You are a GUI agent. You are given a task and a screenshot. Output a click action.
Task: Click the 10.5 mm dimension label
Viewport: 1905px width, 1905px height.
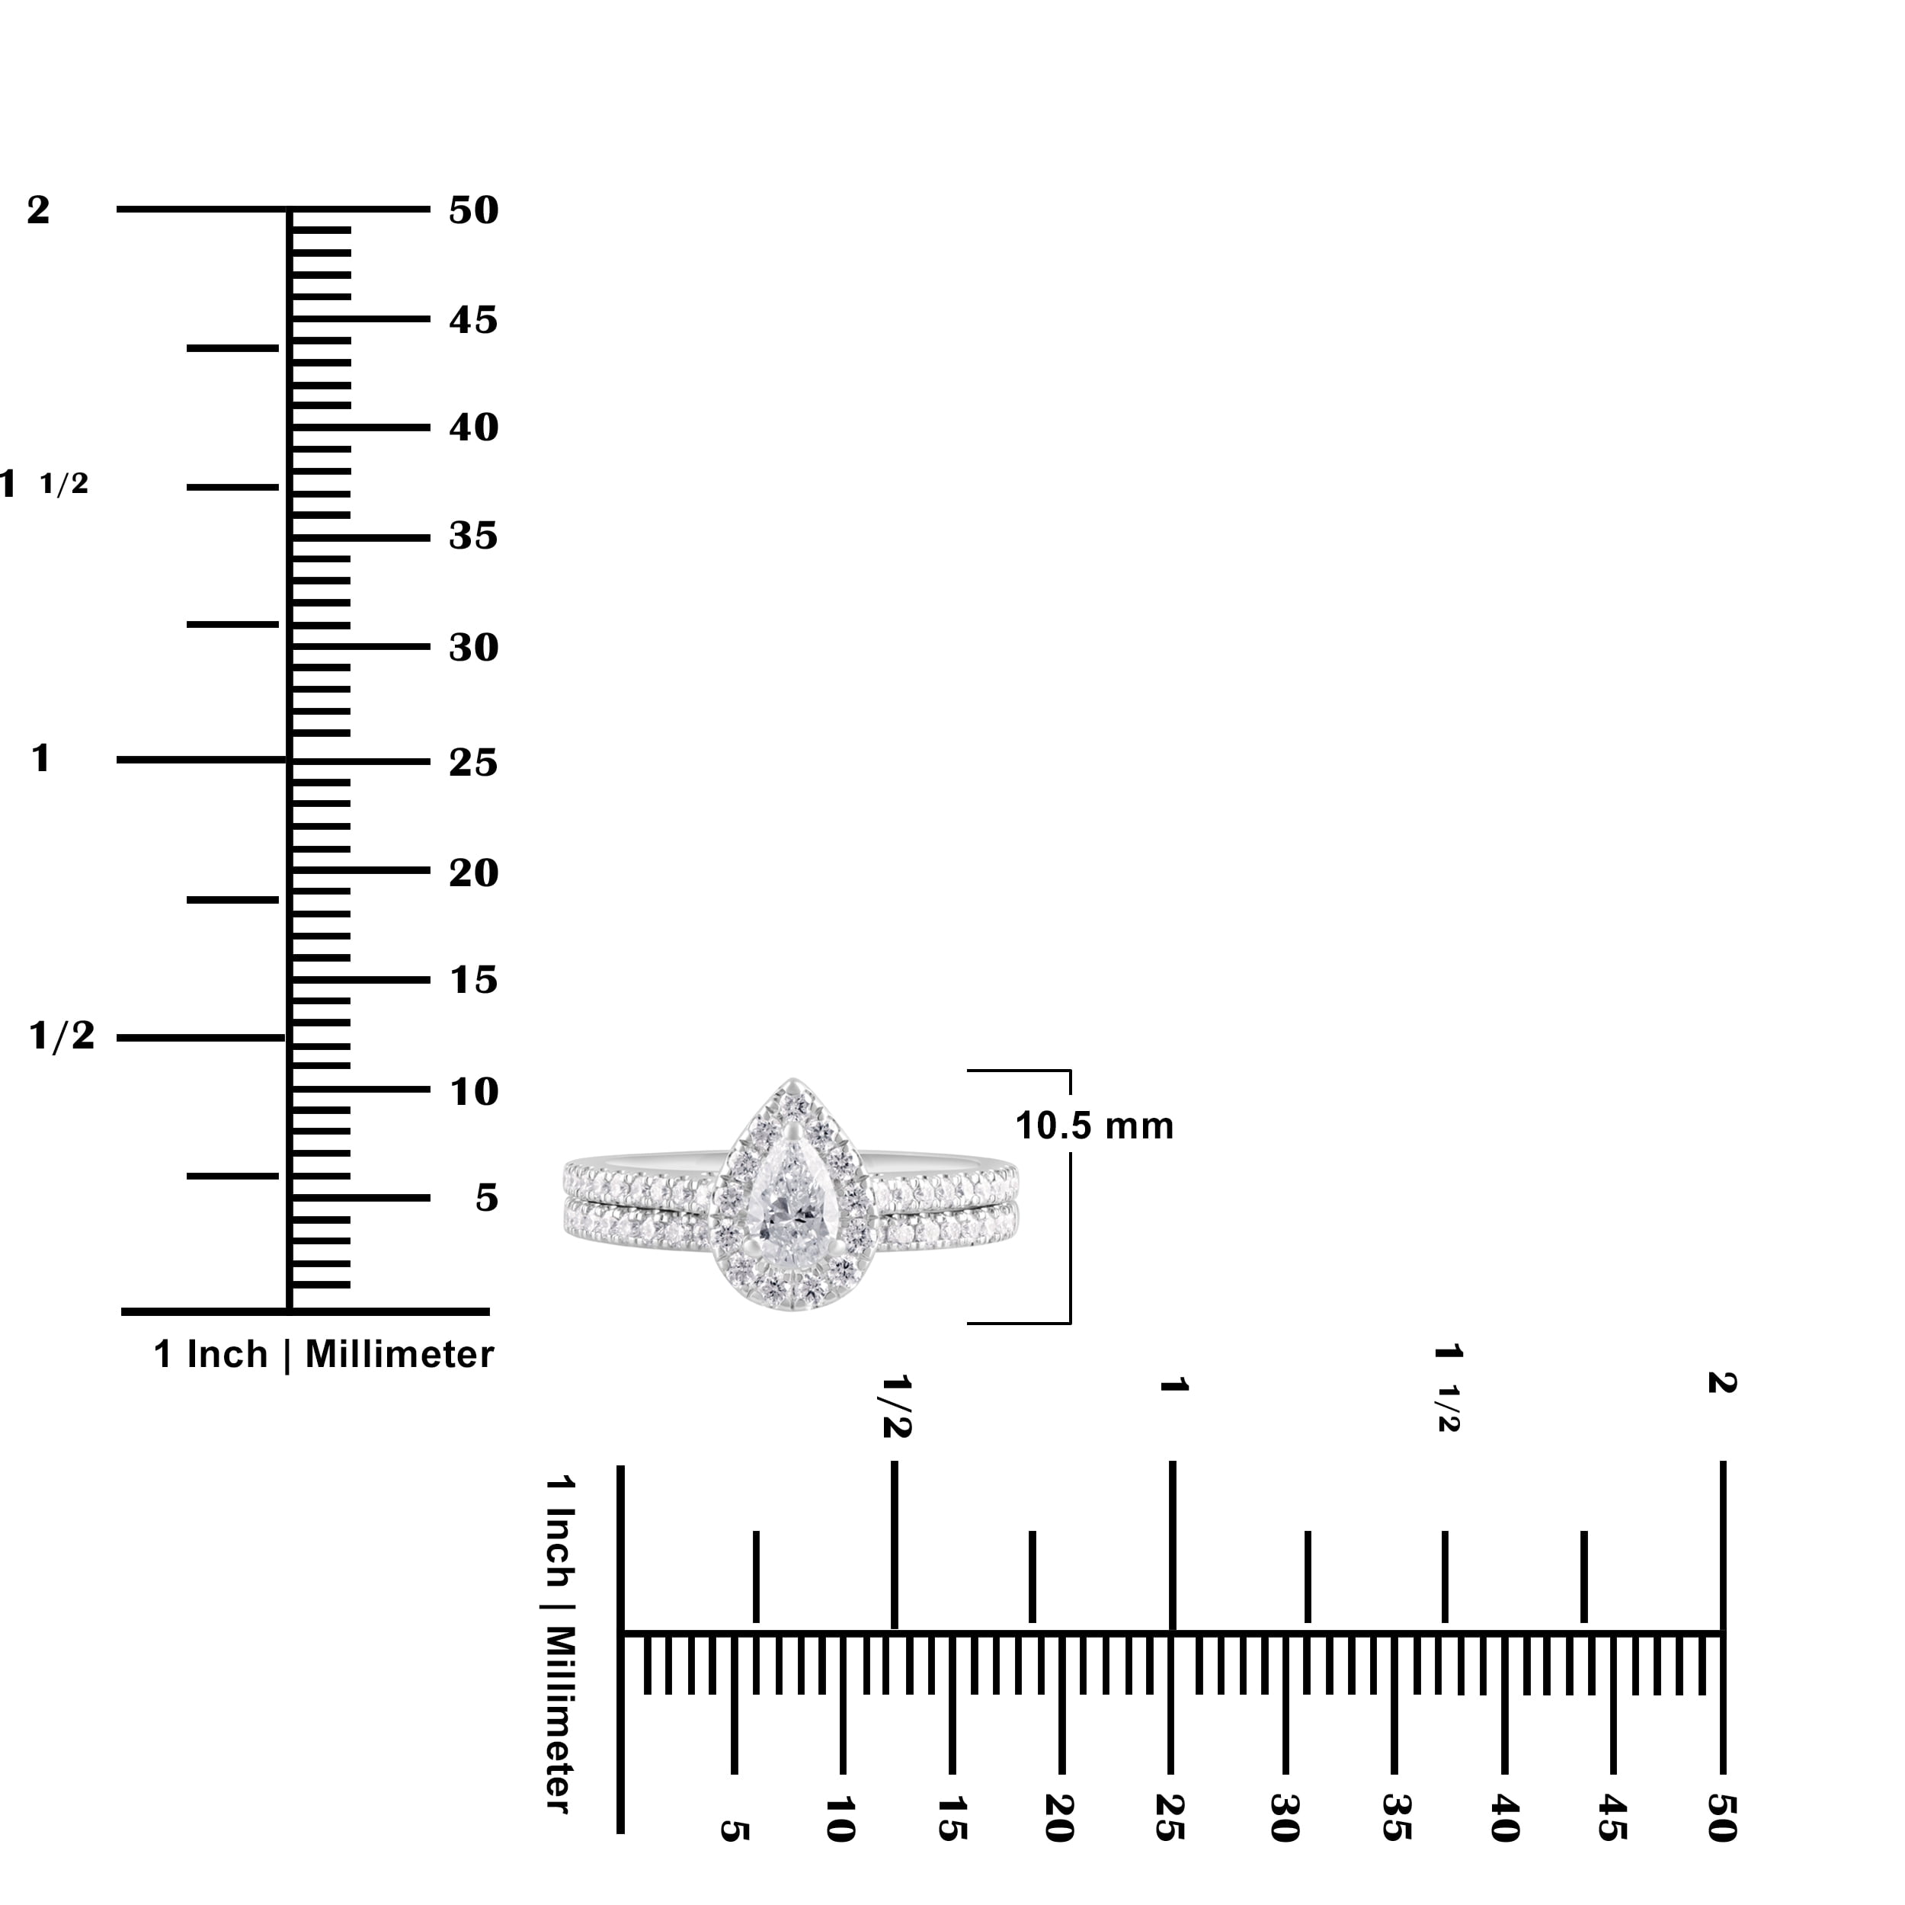[1094, 1126]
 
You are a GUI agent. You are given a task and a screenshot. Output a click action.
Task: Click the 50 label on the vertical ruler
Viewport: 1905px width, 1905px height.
[473, 210]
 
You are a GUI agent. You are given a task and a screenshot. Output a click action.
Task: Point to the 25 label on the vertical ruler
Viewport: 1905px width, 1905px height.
[473, 762]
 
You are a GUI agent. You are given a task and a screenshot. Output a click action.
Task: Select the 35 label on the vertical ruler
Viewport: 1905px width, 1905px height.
[473, 536]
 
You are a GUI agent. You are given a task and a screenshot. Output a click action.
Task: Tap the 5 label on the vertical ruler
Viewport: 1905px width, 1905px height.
[487, 1198]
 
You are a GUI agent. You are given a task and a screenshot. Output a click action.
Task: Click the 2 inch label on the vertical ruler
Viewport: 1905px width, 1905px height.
[37, 210]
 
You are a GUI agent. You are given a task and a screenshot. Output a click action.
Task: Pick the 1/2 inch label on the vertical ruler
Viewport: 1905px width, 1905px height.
[61, 1036]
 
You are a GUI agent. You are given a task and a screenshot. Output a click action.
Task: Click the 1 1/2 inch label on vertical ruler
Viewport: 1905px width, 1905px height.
[44, 484]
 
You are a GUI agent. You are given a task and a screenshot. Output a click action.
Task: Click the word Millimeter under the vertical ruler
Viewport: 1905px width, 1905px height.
[399, 1355]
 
